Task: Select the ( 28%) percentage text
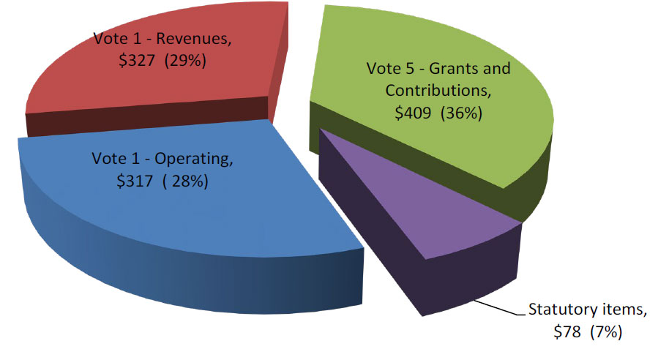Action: (x=186, y=181)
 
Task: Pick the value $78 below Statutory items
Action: (x=568, y=332)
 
